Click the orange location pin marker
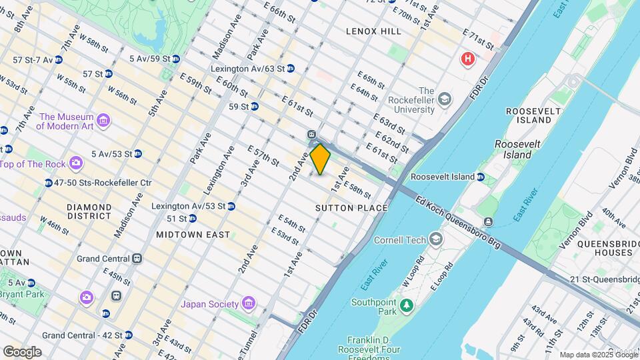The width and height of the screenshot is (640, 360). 321,159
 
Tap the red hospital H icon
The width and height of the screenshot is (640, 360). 468,59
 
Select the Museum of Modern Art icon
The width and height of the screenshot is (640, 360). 103,120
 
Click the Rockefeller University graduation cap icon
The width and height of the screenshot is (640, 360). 445,100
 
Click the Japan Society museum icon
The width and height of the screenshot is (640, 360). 248,304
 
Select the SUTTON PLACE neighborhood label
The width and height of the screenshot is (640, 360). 351,208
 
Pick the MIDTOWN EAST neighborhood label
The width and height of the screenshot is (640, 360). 193,235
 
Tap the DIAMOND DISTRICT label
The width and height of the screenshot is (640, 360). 89,211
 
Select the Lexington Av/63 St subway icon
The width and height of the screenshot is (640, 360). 291,69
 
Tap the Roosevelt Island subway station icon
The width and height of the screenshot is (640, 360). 481,177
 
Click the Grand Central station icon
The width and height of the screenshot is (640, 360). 137,258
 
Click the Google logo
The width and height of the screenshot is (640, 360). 22,351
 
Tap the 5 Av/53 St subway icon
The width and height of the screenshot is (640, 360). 137,154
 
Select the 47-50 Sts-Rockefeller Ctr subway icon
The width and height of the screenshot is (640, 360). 49,183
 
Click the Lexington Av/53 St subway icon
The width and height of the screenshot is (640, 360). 231,206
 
